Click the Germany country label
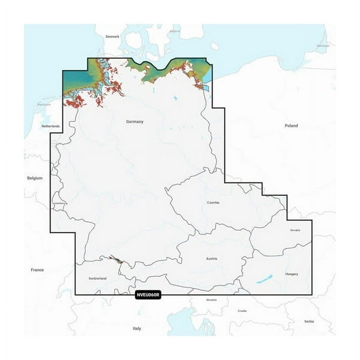click(135, 121)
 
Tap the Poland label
click(291, 126)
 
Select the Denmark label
click(112, 37)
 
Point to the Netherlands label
click(51, 126)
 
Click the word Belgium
click(35, 178)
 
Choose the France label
click(37, 269)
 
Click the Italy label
click(137, 328)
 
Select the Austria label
click(211, 258)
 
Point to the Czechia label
click(213, 203)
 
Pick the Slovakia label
click(295, 230)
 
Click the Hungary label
click(291, 274)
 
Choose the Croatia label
click(242, 311)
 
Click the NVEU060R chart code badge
click(148, 294)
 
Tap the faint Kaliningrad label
click(322, 46)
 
